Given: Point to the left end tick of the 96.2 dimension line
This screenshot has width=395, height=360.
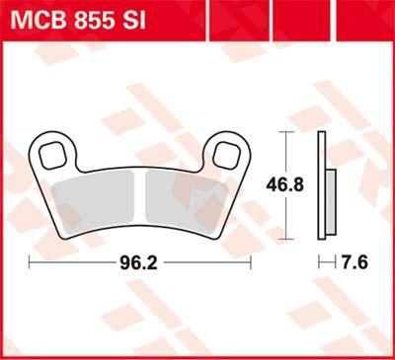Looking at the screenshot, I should tap(30, 263).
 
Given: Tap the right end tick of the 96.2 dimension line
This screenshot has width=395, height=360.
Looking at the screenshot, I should tap(252, 263).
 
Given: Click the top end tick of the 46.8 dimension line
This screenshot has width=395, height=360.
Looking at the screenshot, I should tap(285, 132).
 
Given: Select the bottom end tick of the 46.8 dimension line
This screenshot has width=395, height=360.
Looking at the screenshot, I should tap(285, 238).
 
